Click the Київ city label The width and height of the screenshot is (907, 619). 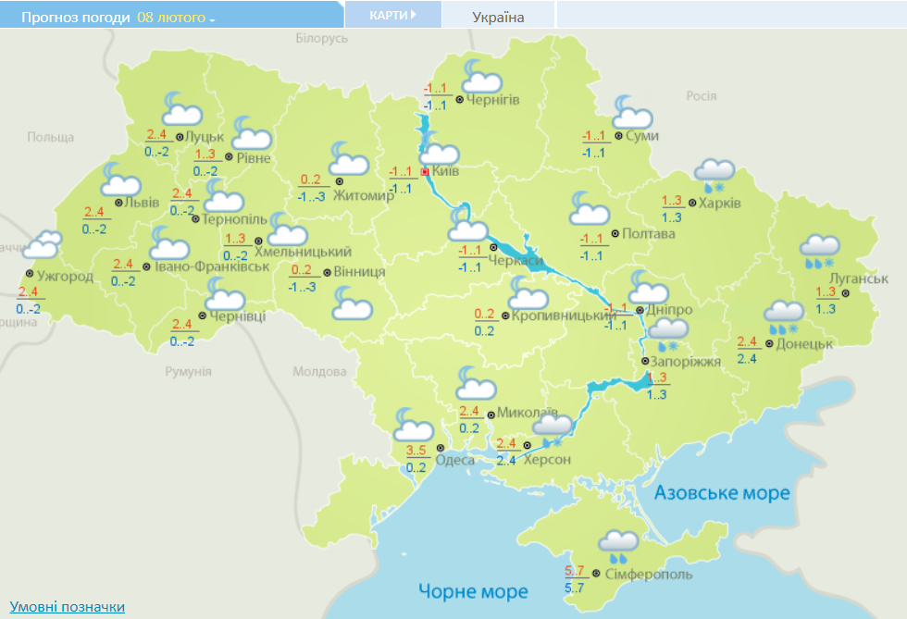[446, 171]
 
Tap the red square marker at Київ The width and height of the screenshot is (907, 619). [425, 172]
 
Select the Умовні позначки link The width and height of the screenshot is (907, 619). [67, 607]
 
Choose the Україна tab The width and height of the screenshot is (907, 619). [498, 17]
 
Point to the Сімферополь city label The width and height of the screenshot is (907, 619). [649, 575]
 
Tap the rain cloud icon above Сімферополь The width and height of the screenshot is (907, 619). [616, 546]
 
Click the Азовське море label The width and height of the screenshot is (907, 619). [722, 492]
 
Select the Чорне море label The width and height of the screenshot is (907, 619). [472, 591]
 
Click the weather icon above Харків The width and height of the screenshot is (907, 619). [714, 173]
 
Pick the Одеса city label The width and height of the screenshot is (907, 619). [454, 460]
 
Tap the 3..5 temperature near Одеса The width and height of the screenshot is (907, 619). [416, 452]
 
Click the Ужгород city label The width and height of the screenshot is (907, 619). [65, 275]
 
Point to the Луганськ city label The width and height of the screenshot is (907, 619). [859, 278]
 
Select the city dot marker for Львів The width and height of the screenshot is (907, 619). [118, 203]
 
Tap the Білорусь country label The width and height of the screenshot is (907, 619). [322, 38]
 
